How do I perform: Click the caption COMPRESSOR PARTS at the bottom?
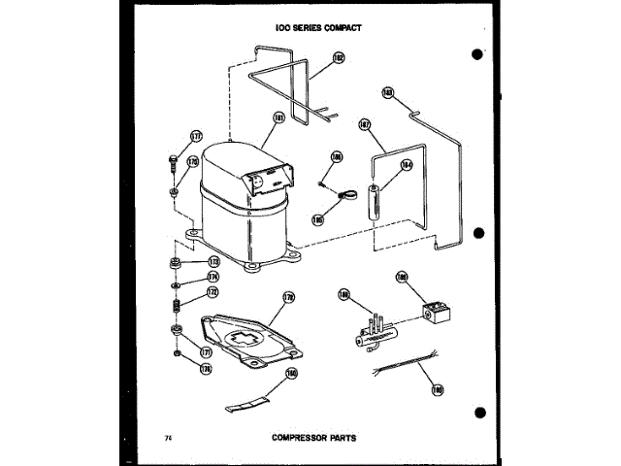[x=313, y=438]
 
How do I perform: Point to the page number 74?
[x=170, y=438]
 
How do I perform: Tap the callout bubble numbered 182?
[x=339, y=59]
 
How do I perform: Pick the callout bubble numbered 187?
[x=365, y=124]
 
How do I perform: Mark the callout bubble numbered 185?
[x=316, y=220]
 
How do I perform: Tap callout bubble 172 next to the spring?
[x=212, y=293]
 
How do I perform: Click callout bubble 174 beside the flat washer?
[x=212, y=277]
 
